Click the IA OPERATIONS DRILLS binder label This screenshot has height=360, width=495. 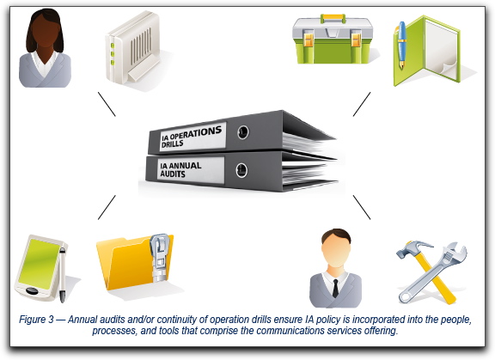click(192, 137)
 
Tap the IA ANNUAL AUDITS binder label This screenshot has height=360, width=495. click(191, 170)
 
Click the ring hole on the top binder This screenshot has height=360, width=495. click(243, 131)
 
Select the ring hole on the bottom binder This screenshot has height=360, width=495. click(241, 170)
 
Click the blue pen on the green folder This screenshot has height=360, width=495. click(401, 45)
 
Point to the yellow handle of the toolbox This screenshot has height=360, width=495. click(333, 18)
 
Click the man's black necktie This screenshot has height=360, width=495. click(335, 289)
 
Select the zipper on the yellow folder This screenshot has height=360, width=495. click(160, 258)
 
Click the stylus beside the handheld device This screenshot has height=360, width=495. click(63, 275)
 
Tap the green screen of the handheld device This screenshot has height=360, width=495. click(40, 264)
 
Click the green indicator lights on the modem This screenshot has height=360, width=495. click(113, 54)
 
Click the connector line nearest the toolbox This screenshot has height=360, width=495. click(362, 105)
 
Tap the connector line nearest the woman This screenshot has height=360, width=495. click(107, 104)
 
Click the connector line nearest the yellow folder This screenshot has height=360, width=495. click(107, 207)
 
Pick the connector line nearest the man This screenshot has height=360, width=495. click(362, 207)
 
